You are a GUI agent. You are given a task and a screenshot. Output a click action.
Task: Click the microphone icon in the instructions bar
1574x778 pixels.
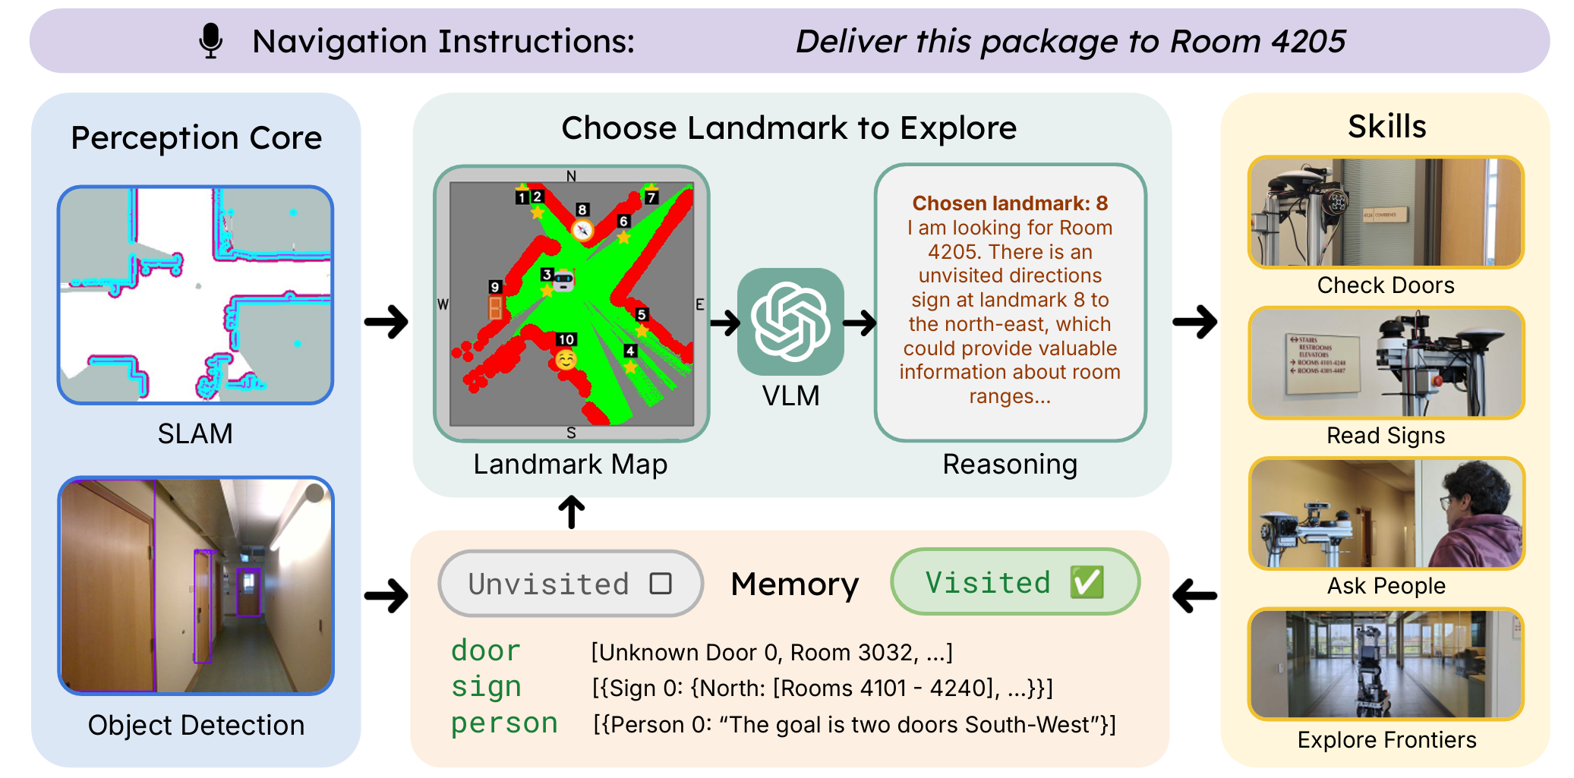[210, 41]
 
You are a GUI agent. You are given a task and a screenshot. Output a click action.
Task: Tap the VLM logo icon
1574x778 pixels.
[790, 321]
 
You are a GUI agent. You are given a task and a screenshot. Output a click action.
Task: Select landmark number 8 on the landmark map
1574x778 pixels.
[582, 210]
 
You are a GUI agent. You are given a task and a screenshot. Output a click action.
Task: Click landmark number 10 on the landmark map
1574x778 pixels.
[566, 340]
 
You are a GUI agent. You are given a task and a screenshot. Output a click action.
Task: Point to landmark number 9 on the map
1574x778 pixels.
[495, 288]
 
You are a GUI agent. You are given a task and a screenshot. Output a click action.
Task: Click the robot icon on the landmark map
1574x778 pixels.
[563, 280]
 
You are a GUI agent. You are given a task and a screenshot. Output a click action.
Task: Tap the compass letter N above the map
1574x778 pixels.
[571, 176]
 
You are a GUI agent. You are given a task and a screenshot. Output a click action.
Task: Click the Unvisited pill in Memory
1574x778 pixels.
[570, 584]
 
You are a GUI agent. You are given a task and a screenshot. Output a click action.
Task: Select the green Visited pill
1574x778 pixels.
[1014, 582]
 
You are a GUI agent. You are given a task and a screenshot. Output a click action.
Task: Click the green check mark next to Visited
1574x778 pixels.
[1087, 582]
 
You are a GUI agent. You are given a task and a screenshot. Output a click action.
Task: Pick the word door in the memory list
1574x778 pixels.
[485, 651]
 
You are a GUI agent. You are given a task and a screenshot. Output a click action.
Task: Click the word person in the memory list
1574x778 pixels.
[504, 723]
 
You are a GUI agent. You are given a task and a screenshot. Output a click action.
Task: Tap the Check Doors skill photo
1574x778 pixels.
[1386, 213]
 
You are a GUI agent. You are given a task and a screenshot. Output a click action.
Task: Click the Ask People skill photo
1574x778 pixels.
[1386, 514]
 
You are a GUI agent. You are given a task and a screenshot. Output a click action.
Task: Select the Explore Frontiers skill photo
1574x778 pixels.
[1386, 664]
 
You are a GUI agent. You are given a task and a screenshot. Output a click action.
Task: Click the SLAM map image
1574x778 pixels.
[195, 295]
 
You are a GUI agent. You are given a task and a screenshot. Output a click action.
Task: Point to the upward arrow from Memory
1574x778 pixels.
[571, 512]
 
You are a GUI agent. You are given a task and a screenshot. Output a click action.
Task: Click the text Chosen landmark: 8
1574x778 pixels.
[1010, 203]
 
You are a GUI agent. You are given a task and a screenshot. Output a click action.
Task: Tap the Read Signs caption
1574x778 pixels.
[1386, 436]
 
